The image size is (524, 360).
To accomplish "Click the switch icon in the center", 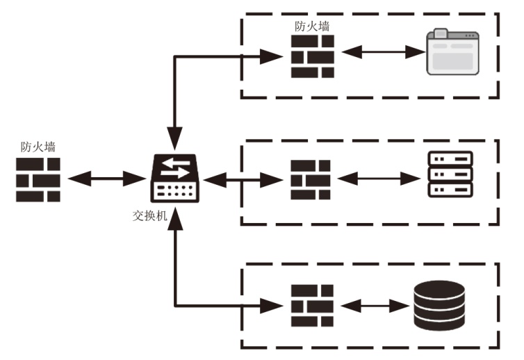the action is [x=174, y=178].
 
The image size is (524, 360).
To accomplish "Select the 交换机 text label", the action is [x=149, y=215].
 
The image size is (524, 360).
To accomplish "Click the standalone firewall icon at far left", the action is [x=38, y=180].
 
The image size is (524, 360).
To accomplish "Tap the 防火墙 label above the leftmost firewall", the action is [x=38, y=147].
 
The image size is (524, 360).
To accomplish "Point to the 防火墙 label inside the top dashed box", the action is [x=312, y=26].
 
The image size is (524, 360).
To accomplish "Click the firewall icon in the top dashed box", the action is [x=313, y=57].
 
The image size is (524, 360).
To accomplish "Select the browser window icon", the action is [x=453, y=52].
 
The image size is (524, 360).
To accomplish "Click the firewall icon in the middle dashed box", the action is [x=311, y=180].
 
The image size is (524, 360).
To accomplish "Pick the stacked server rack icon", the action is [x=450, y=174].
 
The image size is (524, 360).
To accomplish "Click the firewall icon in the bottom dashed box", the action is [x=312, y=306].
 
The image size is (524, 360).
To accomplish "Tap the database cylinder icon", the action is [x=439, y=306].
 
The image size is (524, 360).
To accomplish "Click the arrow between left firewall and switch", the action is [x=106, y=179].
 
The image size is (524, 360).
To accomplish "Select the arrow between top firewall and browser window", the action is [x=384, y=52].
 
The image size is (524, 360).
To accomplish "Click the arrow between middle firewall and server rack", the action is [x=379, y=179].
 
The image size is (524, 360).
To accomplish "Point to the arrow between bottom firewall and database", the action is [x=375, y=306].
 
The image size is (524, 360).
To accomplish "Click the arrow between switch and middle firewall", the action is [x=243, y=180].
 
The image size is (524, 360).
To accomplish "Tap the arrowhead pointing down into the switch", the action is [x=174, y=138].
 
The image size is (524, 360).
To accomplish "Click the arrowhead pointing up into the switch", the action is [x=174, y=218].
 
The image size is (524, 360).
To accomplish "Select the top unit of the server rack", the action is [x=450, y=158].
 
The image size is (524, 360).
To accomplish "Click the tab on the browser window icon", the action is [x=441, y=33].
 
